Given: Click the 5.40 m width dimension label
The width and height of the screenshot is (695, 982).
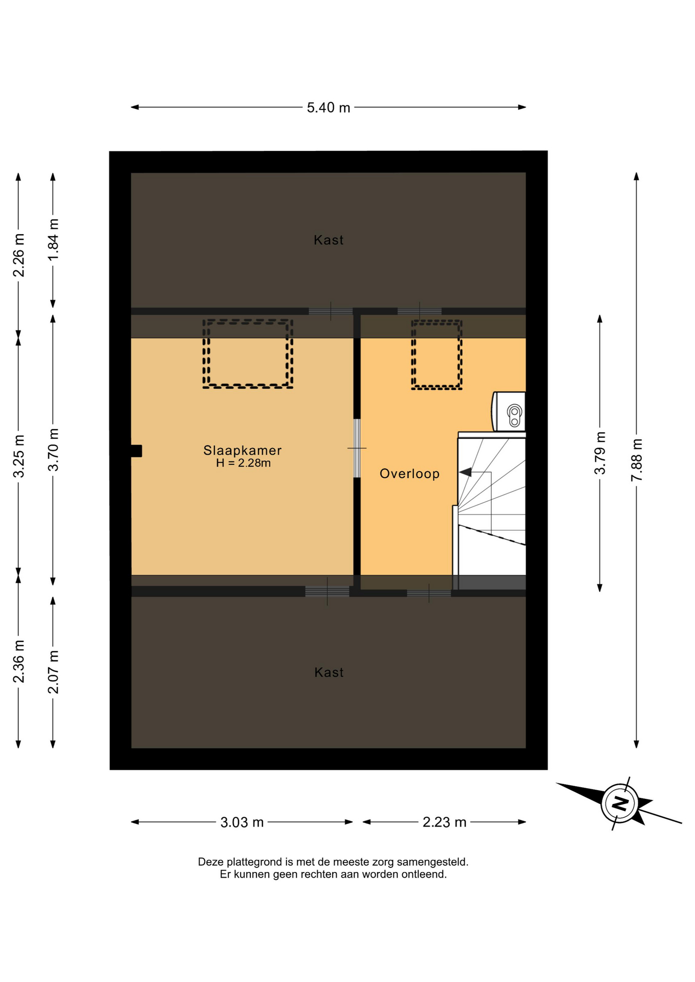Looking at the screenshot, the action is pyautogui.click(x=328, y=107).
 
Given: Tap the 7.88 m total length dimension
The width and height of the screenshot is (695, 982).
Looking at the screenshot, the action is pyautogui.click(x=636, y=460).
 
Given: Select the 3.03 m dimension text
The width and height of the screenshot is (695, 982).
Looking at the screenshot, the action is pyautogui.click(x=242, y=822).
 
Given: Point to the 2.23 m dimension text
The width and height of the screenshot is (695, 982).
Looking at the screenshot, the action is pyautogui.click(x=444, y=822).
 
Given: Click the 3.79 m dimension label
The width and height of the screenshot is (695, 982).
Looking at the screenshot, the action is pyautogui.click(x=600, y=453).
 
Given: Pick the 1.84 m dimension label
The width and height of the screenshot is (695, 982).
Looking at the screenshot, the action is pyautogui.click(x=53, y=239).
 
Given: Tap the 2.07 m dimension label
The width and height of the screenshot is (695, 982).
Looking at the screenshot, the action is pyautogui.click(x=53, y=672).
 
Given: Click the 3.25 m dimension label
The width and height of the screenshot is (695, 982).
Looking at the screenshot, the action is pyautogui.click(x=18, y=456).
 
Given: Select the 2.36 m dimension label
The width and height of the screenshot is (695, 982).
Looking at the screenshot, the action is pyautogui.click(x=18, y=661).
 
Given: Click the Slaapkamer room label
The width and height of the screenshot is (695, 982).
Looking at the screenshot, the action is pyautogui.click(x=243, y=450).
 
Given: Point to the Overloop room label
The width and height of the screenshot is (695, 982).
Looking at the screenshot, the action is pyautogui.click(x=409, y=474).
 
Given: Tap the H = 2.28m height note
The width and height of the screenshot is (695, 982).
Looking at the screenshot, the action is pyautogui.click(x=243, y=463).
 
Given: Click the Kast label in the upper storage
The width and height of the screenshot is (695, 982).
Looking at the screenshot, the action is pyautogui.click(x=329, y=240).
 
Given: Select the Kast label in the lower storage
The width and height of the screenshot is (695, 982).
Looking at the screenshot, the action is pyautogui.click(x=329, y=672).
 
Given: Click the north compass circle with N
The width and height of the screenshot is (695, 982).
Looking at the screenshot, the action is pyautogui.click(x=620, y=802).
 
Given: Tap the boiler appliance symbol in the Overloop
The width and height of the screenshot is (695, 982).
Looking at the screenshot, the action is pyautogui.click(x=509, y=412).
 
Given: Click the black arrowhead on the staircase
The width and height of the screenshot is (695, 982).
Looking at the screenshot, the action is pyautogui.click(x=465, y=472).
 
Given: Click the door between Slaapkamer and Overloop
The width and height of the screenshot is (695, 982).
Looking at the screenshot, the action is pyautogui.click(x=357, y=448).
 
